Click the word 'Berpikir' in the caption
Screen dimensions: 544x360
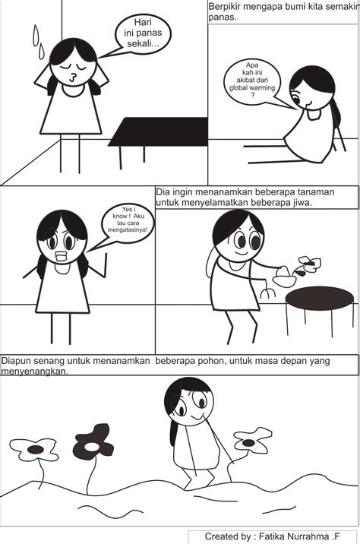(x=226, y=7)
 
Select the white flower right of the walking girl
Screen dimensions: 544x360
(x=252, y=438)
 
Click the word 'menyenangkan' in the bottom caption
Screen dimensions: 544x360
(x=35, y=372)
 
